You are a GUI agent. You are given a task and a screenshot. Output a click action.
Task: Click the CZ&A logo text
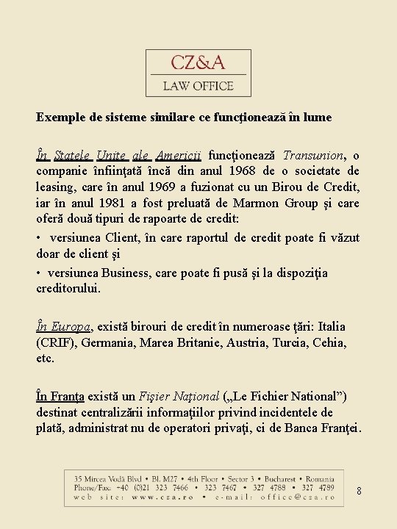tap(198, 62)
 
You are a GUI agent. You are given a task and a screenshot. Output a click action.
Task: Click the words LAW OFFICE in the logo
tap(198, 86)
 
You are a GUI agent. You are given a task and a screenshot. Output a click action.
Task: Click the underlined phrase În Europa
tap(63, 326)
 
